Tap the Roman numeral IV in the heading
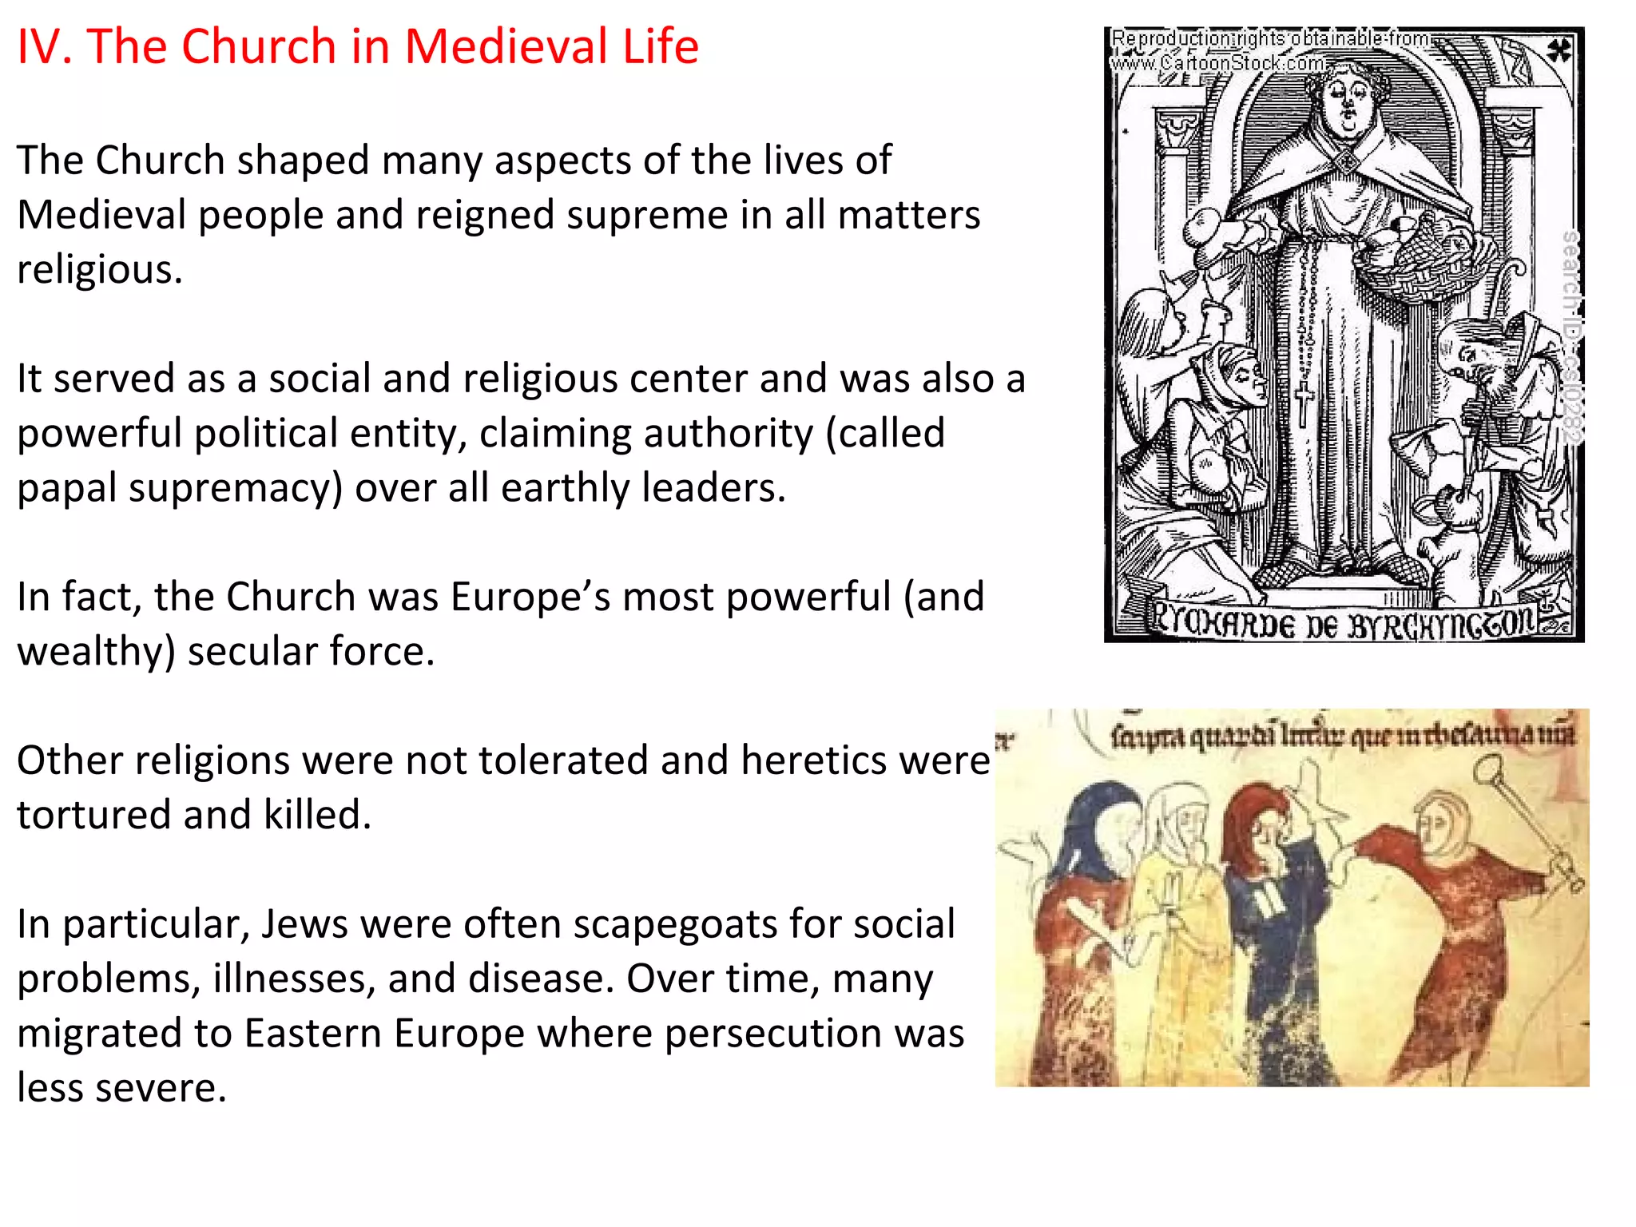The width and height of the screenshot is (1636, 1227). click(45, 46)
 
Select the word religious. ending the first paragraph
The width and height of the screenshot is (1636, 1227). click(100, 270)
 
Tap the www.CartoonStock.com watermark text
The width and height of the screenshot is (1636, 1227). click(1217, 62)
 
